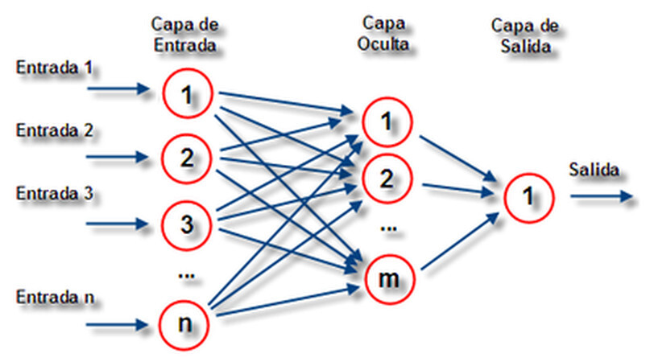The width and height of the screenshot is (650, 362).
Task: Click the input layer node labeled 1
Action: tap(187, 96)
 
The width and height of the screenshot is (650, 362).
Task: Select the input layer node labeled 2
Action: tap(187, 158)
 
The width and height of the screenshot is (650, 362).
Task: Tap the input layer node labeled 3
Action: tap(187, 224)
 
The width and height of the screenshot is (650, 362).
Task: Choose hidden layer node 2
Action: tap(387, 179)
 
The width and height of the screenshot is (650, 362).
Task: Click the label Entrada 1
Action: tap(53, 69)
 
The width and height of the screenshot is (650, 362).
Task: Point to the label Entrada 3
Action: tap(53, 193)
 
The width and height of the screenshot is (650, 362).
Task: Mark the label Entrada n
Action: tap(53, 298)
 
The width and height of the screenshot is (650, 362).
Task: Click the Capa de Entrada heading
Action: tap(185, 36)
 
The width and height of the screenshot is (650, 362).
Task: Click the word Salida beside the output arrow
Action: tap(593, 170)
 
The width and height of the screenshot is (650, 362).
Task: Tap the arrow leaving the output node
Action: tap(601, 195)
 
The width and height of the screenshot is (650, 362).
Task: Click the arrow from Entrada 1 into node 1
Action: tap(119, 90)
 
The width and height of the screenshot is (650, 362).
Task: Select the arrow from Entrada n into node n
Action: tap(119, 326)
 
